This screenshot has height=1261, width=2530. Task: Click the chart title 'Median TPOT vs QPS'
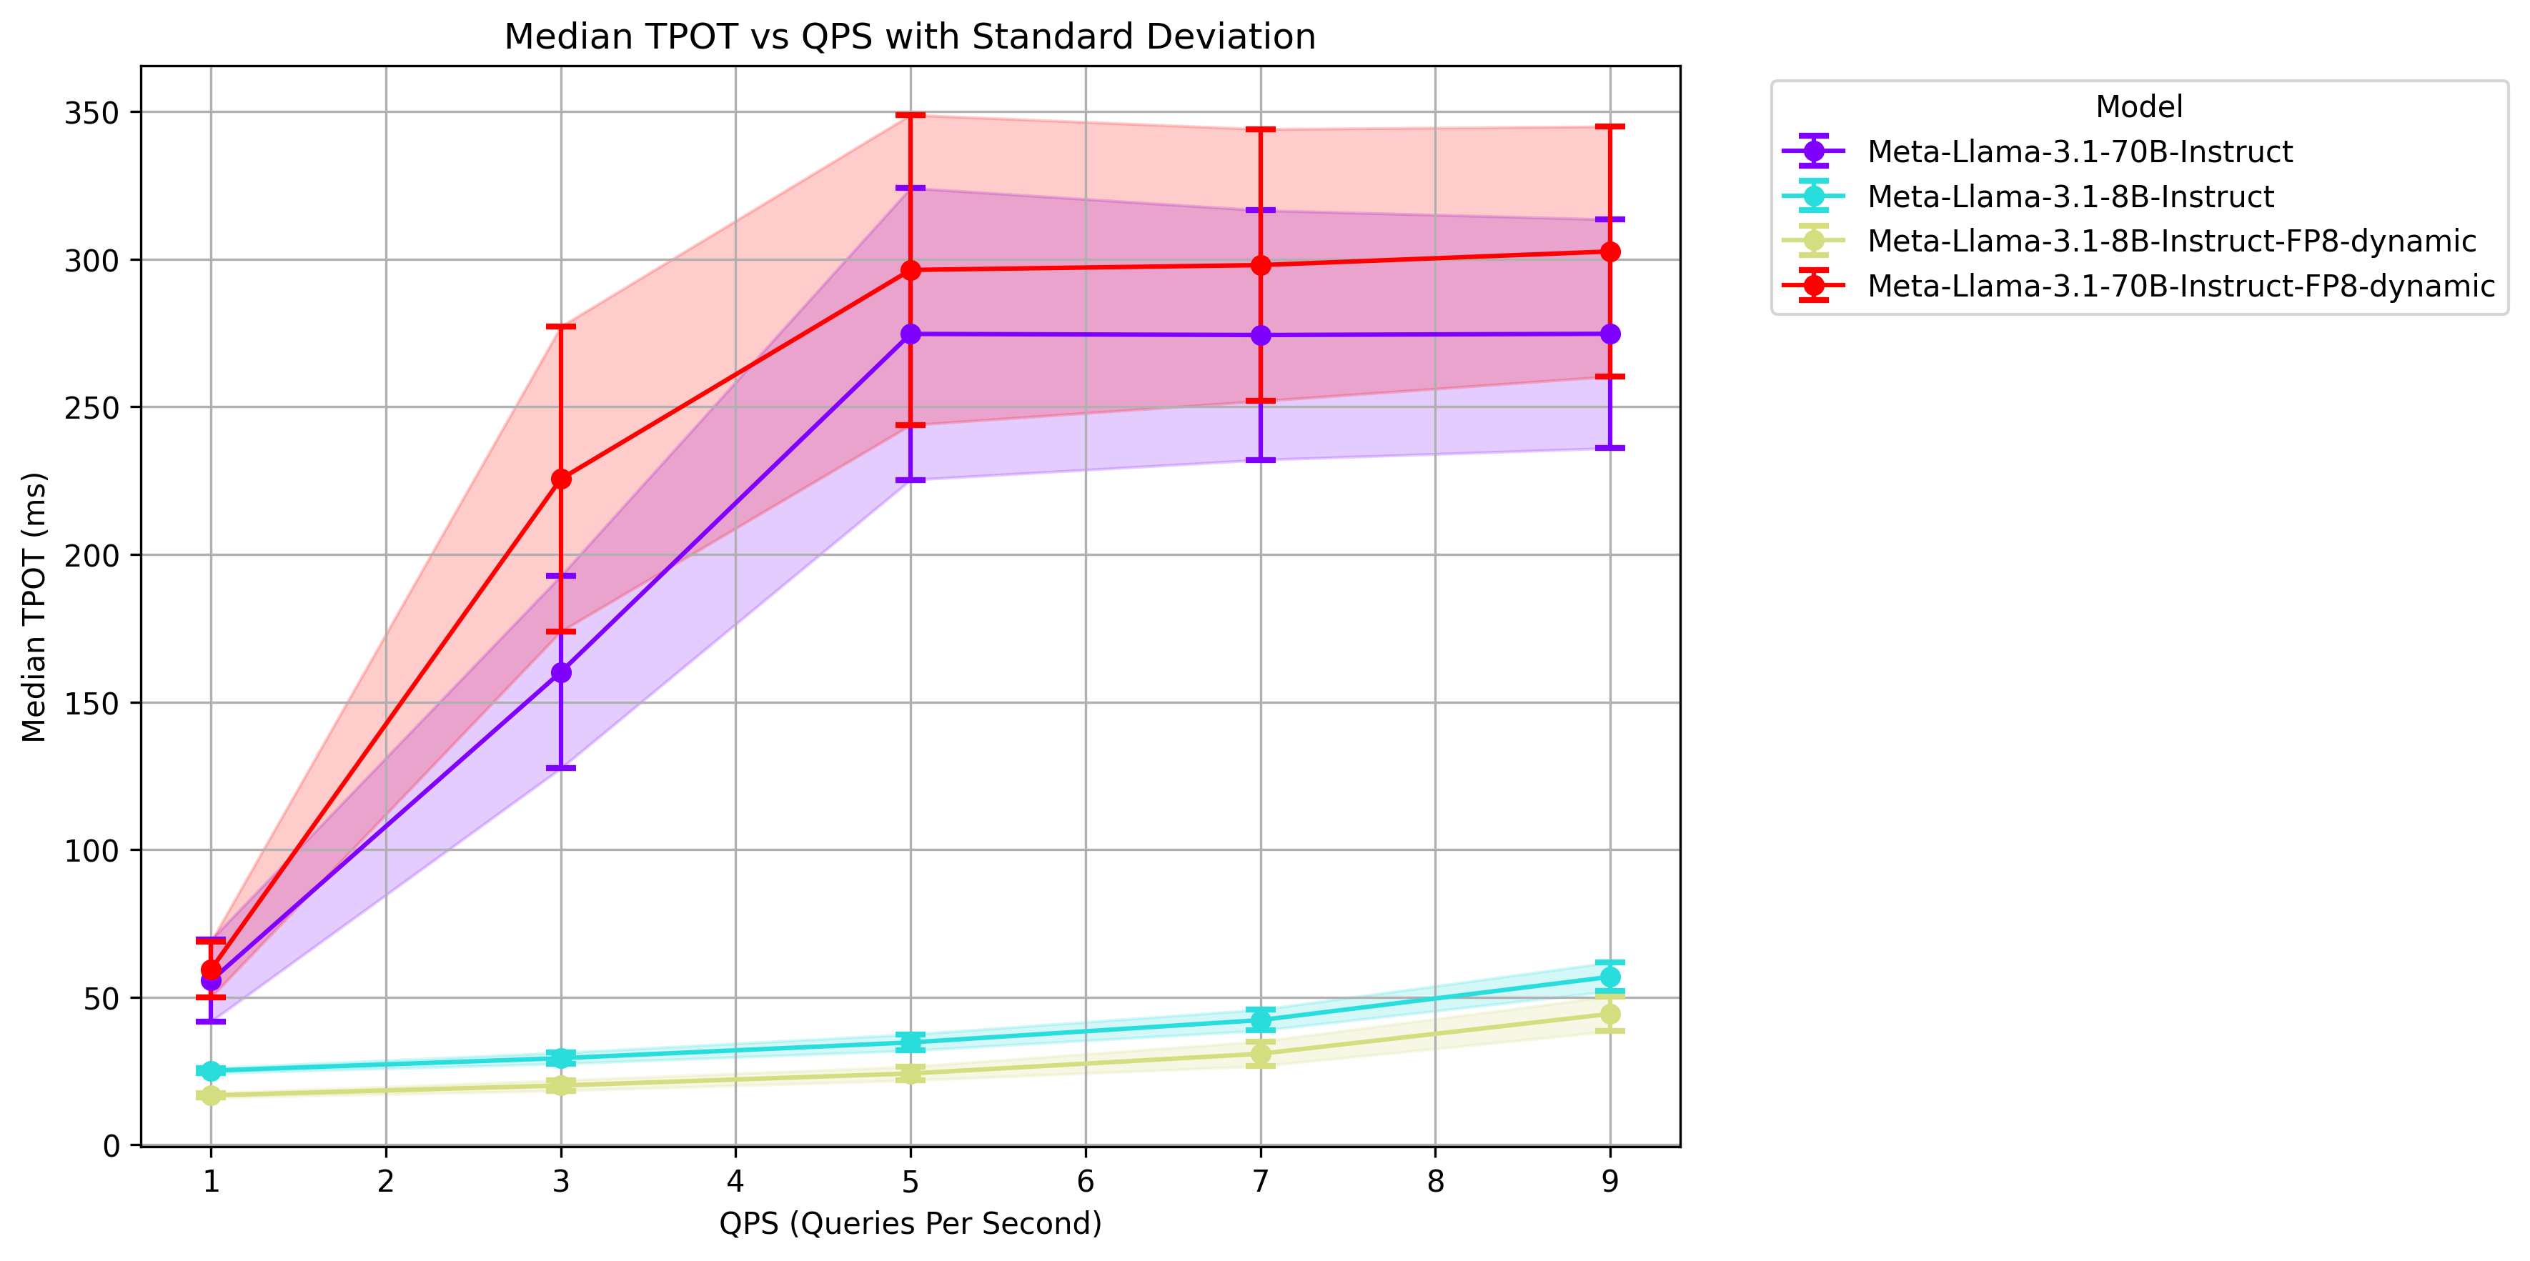[x=910, y=36]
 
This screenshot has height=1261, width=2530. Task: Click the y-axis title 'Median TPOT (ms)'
[x=34, y=607]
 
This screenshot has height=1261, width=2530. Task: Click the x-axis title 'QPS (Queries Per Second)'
[x=910, y=1222]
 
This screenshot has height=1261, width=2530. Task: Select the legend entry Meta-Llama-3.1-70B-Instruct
[x=2079, y=151]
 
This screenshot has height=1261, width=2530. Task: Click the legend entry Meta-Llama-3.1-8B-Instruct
[x=2069, y=196]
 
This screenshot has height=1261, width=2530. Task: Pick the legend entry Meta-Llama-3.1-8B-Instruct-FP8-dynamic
[x=2171, y=241]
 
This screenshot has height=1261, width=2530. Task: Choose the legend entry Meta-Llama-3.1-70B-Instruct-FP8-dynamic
[x=2181, y=286]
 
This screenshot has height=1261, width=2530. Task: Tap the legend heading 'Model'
[x=2138, y=106]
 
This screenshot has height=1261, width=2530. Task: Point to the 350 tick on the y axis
[x=91, y=113]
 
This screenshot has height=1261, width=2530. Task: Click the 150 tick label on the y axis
[x=91, y=703]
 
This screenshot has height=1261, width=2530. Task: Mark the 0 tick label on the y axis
[x=111, y=1145]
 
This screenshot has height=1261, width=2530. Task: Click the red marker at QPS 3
[x=561, y=479]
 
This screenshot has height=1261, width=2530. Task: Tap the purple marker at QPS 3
[x=561, y=673]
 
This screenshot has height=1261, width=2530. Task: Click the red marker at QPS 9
[x=1609, y=252]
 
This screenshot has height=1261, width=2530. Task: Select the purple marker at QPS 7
[x=1260, y=336]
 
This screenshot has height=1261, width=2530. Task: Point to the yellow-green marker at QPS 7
[x=1260, y=1055]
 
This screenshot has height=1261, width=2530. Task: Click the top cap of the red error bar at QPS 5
[x=911, y=115]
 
